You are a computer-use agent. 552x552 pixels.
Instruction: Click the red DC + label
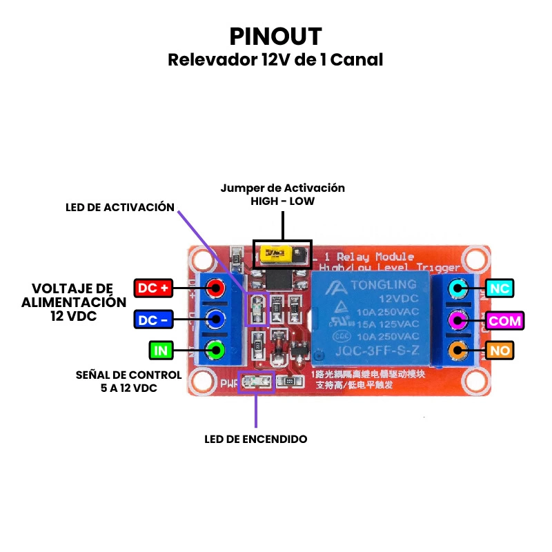152,288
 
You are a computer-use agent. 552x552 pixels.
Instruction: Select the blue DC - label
152,319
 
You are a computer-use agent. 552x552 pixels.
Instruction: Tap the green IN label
161,351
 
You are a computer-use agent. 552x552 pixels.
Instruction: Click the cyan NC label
500,288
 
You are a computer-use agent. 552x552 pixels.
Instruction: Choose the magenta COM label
505,320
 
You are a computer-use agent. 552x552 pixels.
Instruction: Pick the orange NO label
500,351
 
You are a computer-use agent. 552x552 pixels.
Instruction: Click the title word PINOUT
275,36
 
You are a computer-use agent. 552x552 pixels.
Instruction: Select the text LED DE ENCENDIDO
256,439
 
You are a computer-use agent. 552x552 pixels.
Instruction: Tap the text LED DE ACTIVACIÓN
120,208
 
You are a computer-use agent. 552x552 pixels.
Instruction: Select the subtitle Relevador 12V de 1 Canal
275,60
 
